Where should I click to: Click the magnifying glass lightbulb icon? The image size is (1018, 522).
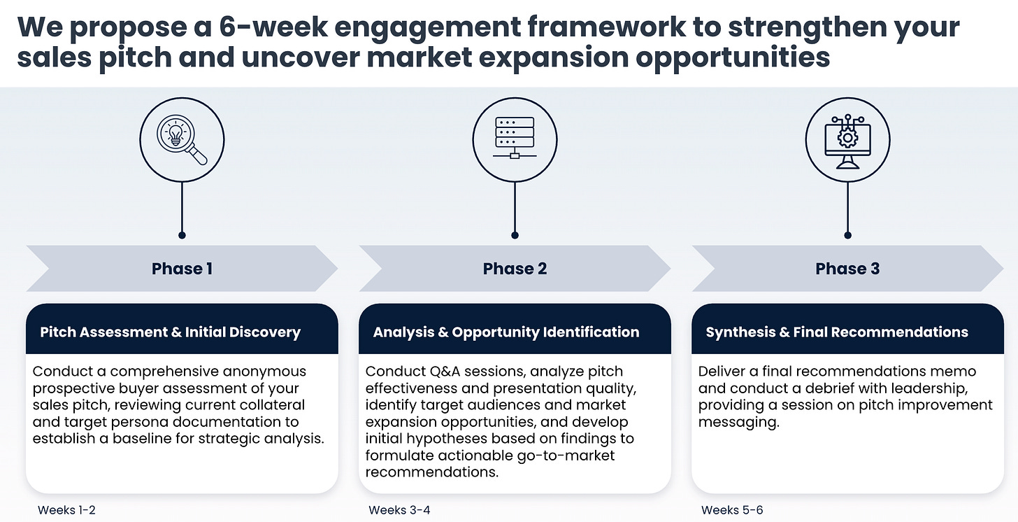[182, 140]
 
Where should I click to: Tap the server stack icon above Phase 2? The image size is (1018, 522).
[515, 140]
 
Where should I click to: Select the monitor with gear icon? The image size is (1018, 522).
[847, 140]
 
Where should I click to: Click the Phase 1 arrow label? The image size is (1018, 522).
[182, 269]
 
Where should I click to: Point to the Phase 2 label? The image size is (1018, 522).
[515, 269]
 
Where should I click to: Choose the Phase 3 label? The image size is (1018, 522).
[847, 269]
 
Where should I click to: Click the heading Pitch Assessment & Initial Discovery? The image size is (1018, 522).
[170, 332]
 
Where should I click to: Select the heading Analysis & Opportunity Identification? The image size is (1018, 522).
[506, 332]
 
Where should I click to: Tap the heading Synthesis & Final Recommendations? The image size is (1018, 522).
[837, 332]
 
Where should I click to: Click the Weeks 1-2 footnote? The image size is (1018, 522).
[66, 510]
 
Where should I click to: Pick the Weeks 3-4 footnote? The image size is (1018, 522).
[399, 510]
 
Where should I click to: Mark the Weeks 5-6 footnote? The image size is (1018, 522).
[732, 510]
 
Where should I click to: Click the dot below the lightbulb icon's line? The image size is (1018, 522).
[182, 235]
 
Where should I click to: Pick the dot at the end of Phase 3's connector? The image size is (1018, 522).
[847, 235]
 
